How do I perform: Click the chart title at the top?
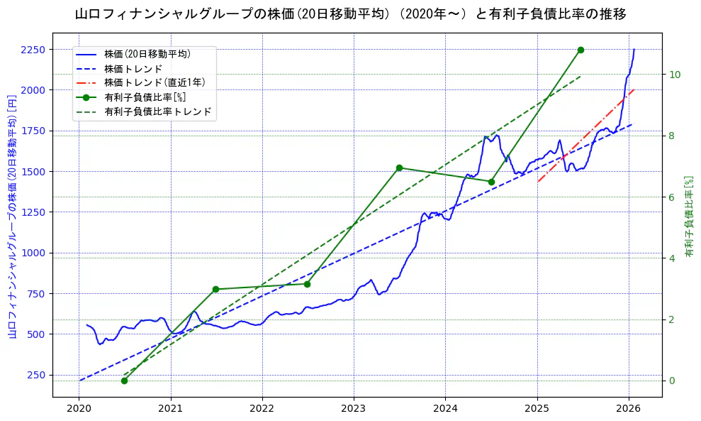tap(350, 13)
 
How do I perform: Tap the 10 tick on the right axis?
tap(675, 75)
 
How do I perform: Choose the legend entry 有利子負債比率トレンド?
tap(158, 111)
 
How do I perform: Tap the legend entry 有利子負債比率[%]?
tap(145, 97)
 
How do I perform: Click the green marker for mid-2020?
tap(124, 381)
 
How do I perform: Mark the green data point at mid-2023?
tap(399, 168)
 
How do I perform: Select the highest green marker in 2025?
tap(581, 50)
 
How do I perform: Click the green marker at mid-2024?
tap(491, 182)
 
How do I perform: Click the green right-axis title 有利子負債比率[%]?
tap(689, 217)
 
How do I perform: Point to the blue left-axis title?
tap(12, 216)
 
